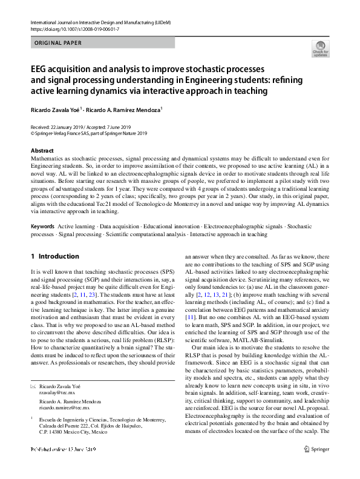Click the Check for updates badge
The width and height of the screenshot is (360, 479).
click(320, 48)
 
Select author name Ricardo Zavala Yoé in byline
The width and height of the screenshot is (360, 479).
click(54, 110)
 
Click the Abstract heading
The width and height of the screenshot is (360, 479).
click(42, 150)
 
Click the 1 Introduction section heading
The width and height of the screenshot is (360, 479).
click(54, 256)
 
